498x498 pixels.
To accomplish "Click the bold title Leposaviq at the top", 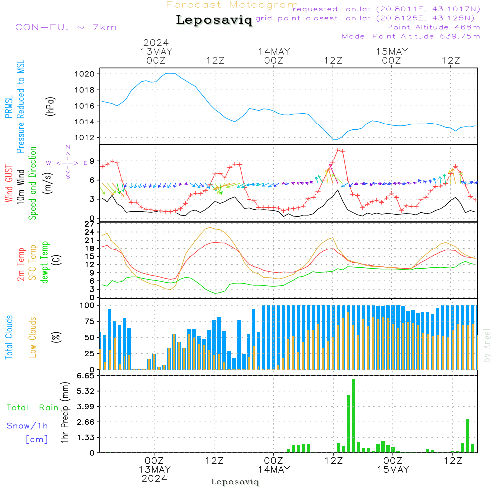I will pyautogui.click(x=214, y=21).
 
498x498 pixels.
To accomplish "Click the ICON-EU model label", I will pyautogui.click(x=64, y=27).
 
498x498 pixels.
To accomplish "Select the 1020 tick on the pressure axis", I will pyautogui.click(x=88, y=74).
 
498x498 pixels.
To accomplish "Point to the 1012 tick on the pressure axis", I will pyautogui.click(x=88, y=137).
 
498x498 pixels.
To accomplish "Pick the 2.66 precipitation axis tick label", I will pyautogui.click(x=87, y=422).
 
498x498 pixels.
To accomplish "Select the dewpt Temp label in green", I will pyautogui.click(x=45, y=262).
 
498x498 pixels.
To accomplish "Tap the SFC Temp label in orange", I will pyautogui.click(x=33, y=262).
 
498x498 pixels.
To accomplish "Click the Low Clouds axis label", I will pyautogui.click(x=33, y=336).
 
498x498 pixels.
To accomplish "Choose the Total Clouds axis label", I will pyautogui.click(x=9, y=337).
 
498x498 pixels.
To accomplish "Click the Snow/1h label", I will pyautogui.click(x=27, y=426).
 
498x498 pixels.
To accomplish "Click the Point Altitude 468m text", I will pyautogui.click(x=433, y=27).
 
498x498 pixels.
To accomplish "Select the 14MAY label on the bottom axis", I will pyautogui.click(x=274, y=470).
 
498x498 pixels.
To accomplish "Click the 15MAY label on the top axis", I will pyautogui.click(x=392, y=52).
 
